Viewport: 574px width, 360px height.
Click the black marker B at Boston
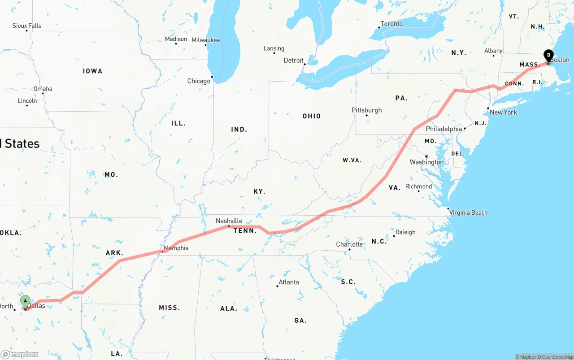548,56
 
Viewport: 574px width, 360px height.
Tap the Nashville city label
229,221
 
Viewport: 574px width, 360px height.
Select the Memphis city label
176,248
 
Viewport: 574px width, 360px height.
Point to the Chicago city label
199,81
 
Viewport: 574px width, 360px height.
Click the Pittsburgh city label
366,110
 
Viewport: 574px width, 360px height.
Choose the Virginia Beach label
468,213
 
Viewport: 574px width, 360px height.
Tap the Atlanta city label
288,282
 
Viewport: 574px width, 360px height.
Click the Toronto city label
391,24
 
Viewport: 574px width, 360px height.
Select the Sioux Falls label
27,26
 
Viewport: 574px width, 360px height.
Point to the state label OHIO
312,116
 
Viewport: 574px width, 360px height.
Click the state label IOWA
92,71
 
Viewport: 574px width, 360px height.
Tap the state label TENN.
245,231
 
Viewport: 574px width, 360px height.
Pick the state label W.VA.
352,160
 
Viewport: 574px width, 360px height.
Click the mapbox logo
20,354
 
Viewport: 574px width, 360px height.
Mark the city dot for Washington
426,156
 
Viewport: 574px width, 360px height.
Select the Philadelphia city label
444,129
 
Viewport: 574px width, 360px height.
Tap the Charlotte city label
349,244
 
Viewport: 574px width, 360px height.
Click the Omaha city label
43,88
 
